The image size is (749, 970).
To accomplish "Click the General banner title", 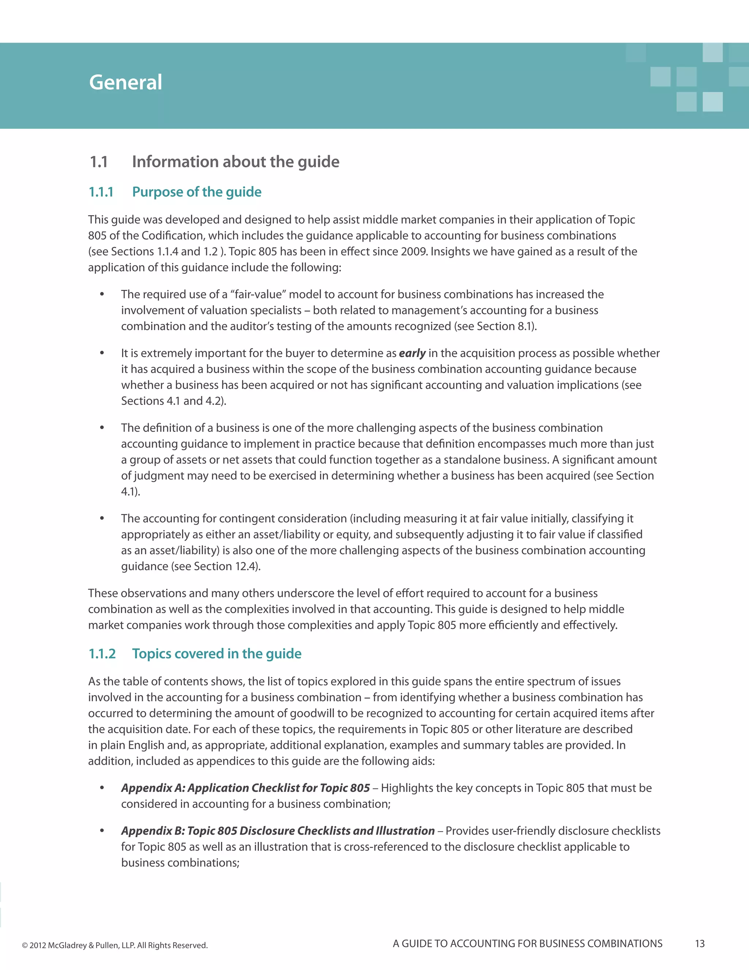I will [x=125, y=83].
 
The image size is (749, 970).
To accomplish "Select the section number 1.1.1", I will [x=101, y=192].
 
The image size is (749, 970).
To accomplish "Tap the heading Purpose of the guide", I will [x=196, y=192].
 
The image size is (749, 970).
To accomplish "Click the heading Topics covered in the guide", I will [x=217, y=654].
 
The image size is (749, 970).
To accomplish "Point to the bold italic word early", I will [x=412, y=353].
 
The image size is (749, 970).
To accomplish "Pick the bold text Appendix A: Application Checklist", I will [x=245, y=788].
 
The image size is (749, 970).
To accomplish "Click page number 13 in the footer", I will [x=700, y=944].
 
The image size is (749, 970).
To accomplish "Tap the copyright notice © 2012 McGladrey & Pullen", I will [x=114, y=945].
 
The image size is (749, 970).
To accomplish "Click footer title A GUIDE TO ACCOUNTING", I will [x=527, y=944].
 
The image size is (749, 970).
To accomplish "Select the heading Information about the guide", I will [x=236, y=162].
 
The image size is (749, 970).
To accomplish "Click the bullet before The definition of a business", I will [x=102, y=428].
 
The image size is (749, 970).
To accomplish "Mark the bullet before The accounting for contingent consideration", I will [x=102, y=518].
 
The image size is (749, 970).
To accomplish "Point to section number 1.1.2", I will [x=102, y=654].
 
